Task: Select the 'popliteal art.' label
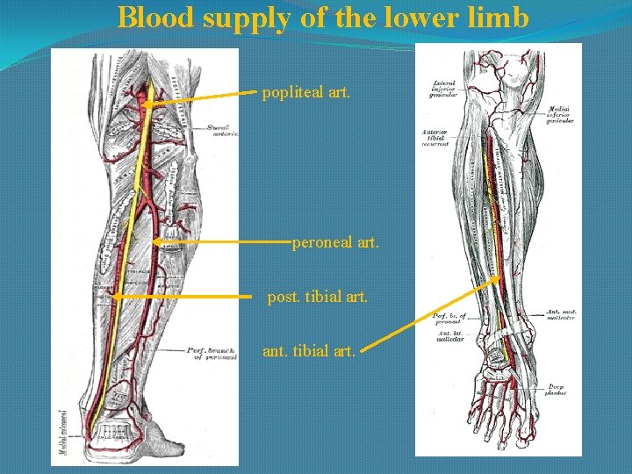(305, 90)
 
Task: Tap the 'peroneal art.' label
(335, 240)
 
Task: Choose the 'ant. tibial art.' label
(309, 351)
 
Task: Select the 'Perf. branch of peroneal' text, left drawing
(212, 354)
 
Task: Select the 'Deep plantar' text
(557, 390)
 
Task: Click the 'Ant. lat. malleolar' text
(449, 335)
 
